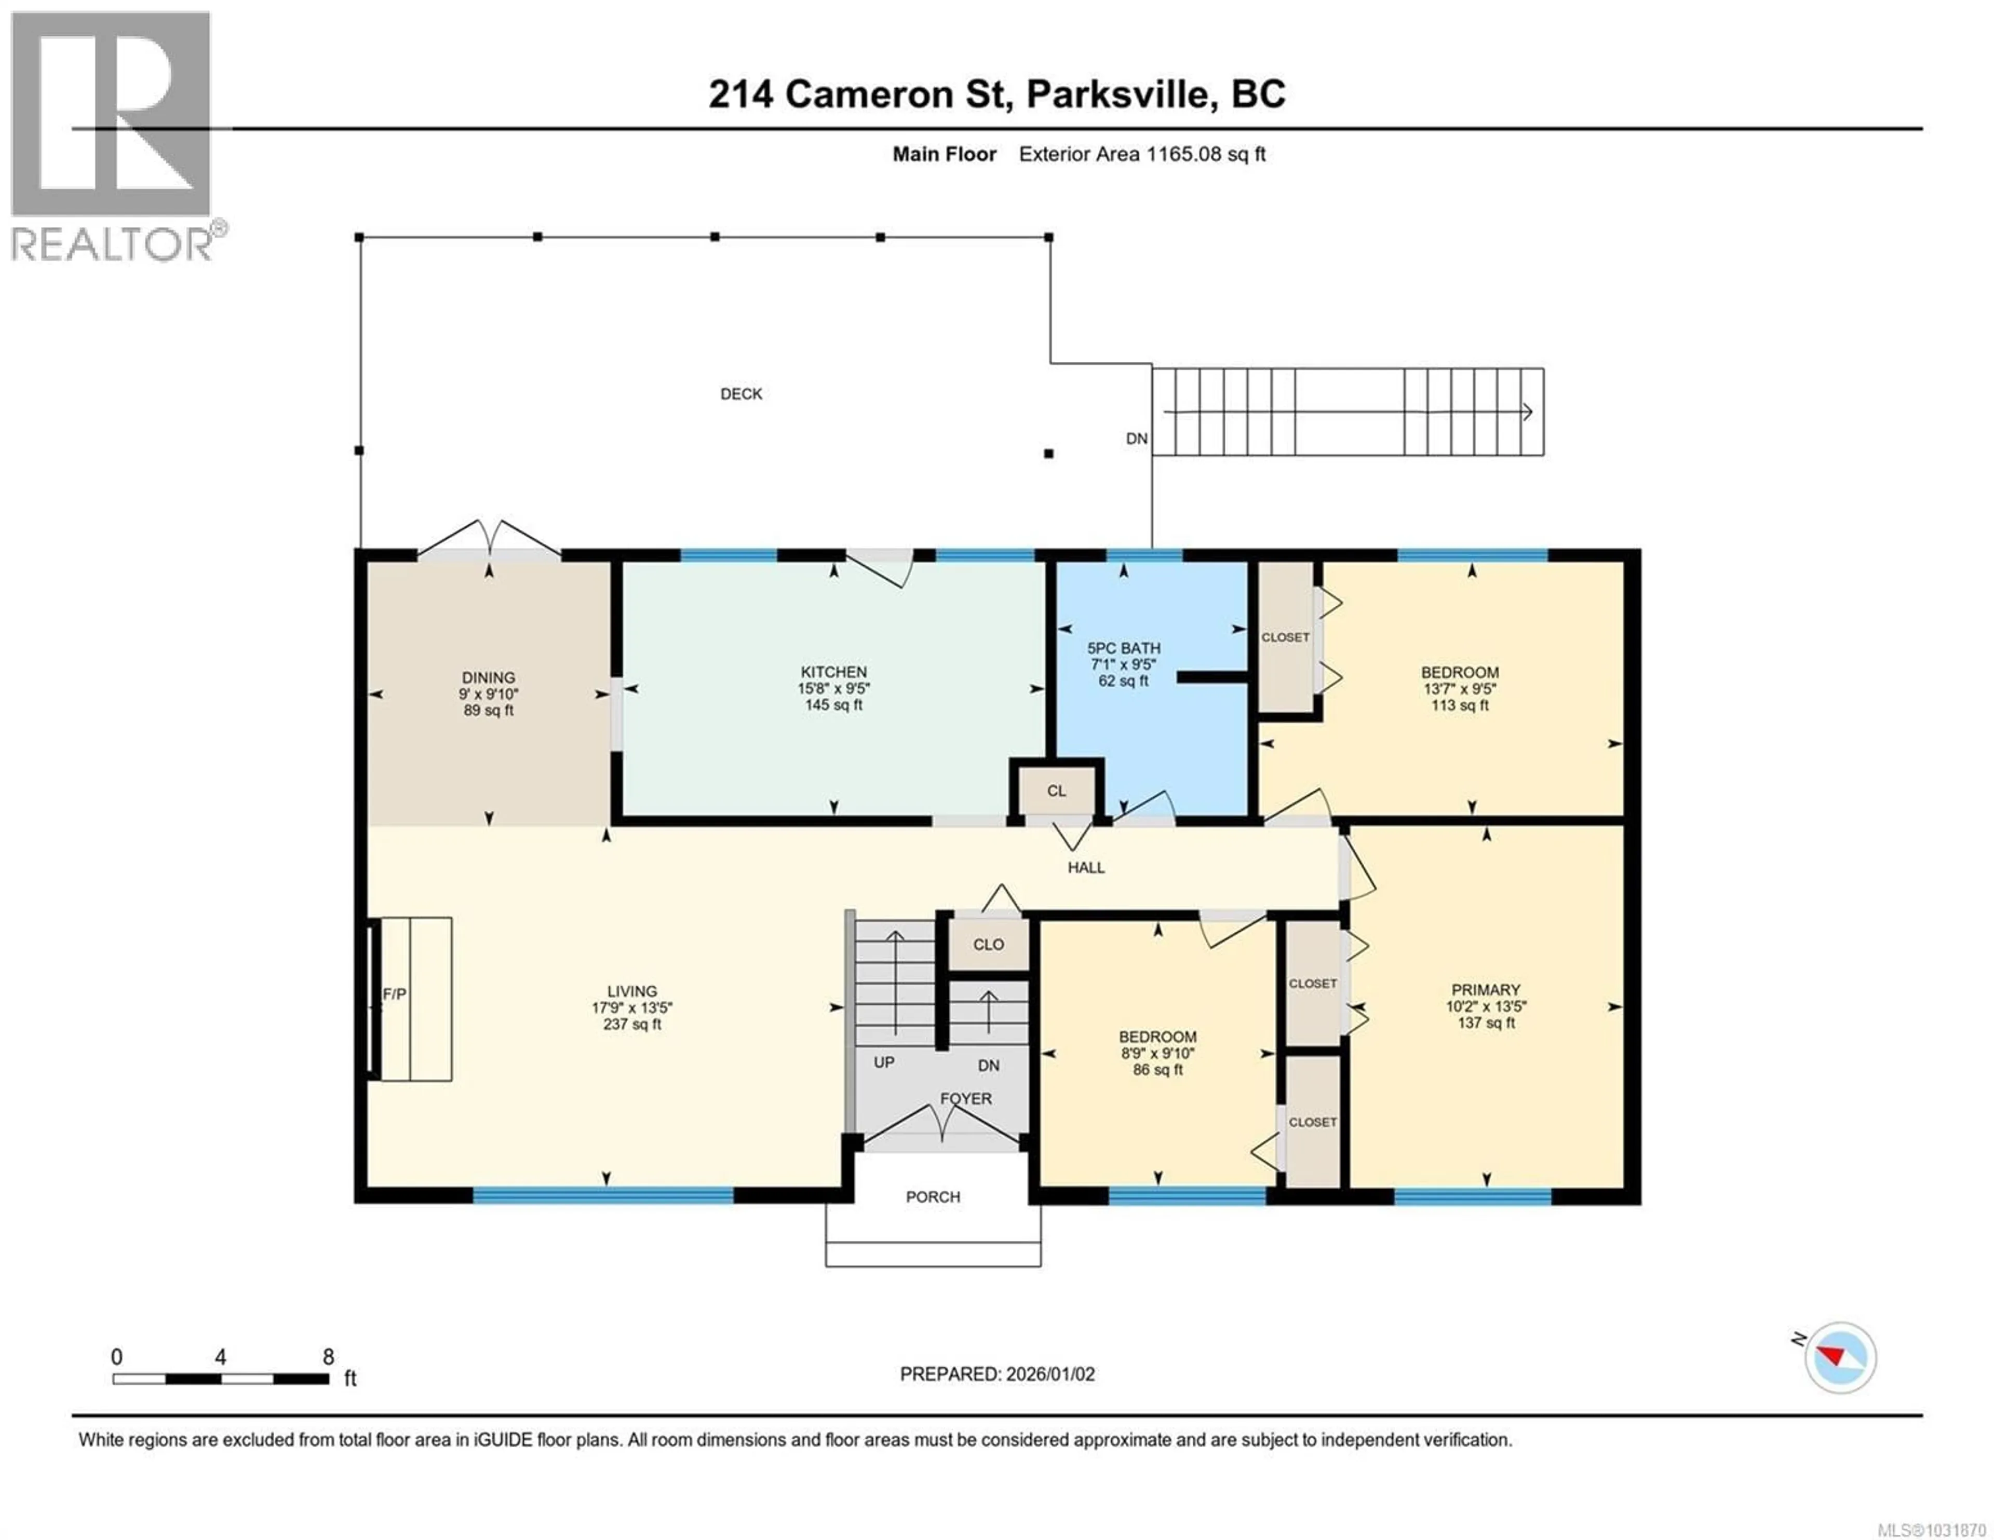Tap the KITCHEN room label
tap(833, 672)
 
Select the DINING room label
tap(489, 677)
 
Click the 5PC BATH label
tap(1123, 648)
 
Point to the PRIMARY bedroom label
tap(1486, 989)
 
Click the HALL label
tap(1086, 867)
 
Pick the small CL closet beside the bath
tap(1056, 791)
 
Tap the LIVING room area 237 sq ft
tap(632, 1024)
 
